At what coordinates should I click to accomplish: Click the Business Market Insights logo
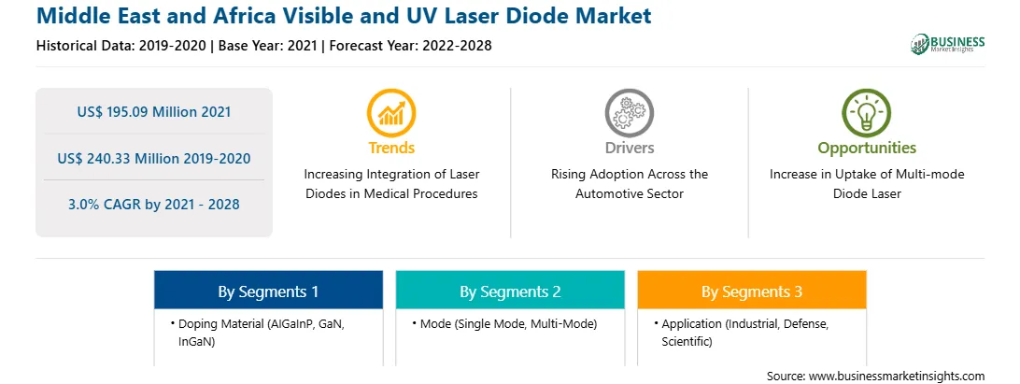(x=948, y=44)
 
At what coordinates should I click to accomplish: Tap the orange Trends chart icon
(x=391, y=113)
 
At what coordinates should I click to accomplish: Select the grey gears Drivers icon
(x=629, y=113)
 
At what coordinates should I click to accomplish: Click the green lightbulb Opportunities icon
(x=867, y=113)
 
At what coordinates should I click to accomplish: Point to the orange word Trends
(x=391, y=148)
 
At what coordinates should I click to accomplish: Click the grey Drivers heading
(x=629, y=148)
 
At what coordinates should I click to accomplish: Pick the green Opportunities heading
(x=867, y=149)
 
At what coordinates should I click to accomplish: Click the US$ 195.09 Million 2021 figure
(x=153, y=112)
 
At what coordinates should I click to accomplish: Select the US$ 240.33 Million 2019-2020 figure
(x=153, y=158)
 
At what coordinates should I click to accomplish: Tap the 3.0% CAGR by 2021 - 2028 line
(x=153, y=205)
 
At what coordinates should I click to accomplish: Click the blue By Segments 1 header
(x=268, y=291)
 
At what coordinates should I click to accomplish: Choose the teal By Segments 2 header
(x=510, y=291)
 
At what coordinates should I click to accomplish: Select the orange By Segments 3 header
(x=751, y=291)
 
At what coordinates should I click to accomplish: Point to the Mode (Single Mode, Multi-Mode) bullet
(x=504, y=323)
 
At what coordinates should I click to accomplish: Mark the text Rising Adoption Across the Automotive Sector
(x=629, y=183)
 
